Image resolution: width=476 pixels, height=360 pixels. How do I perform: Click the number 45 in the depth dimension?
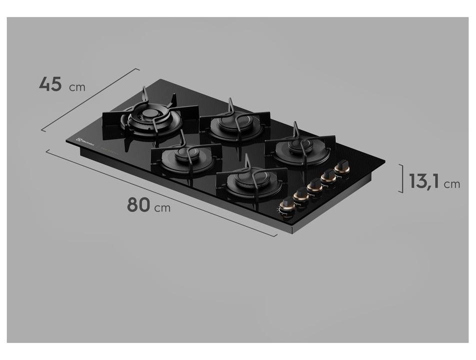(50, 84)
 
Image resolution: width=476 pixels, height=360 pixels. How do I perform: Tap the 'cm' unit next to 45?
(77, 87)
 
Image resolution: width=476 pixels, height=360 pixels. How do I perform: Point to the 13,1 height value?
(424, 181)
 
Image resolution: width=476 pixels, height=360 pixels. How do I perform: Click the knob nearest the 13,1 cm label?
(342, 166)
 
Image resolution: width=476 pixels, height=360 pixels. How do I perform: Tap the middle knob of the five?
(314, 185)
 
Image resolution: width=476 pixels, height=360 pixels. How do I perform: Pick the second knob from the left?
(301, 194)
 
